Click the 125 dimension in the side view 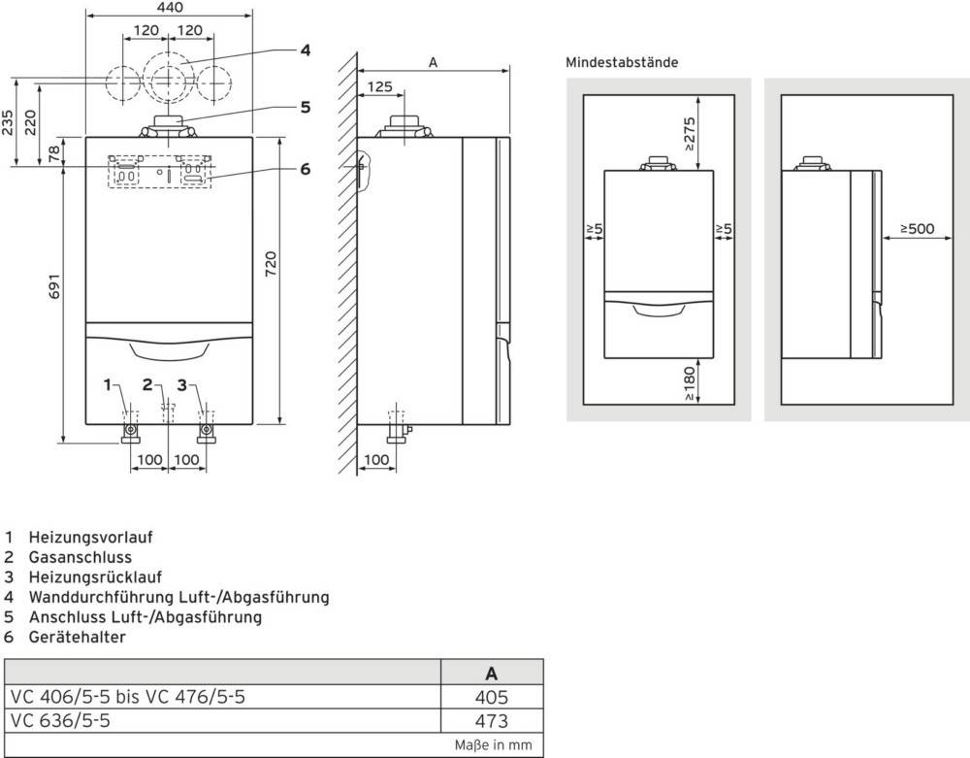click(380, 87)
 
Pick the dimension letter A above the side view click(434, 62)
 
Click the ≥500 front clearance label click(916, 229)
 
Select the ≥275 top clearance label click(690, 136)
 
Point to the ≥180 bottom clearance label click(690, 384)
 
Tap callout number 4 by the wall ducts click(305, 49)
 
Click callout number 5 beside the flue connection click(305, 107)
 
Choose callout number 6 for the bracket click(305, 169)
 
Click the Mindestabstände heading click(621, 62)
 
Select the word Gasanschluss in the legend click(80, 557)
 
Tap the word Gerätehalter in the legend click(77, 638)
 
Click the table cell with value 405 click(492, 697)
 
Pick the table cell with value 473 click(492, 721)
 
